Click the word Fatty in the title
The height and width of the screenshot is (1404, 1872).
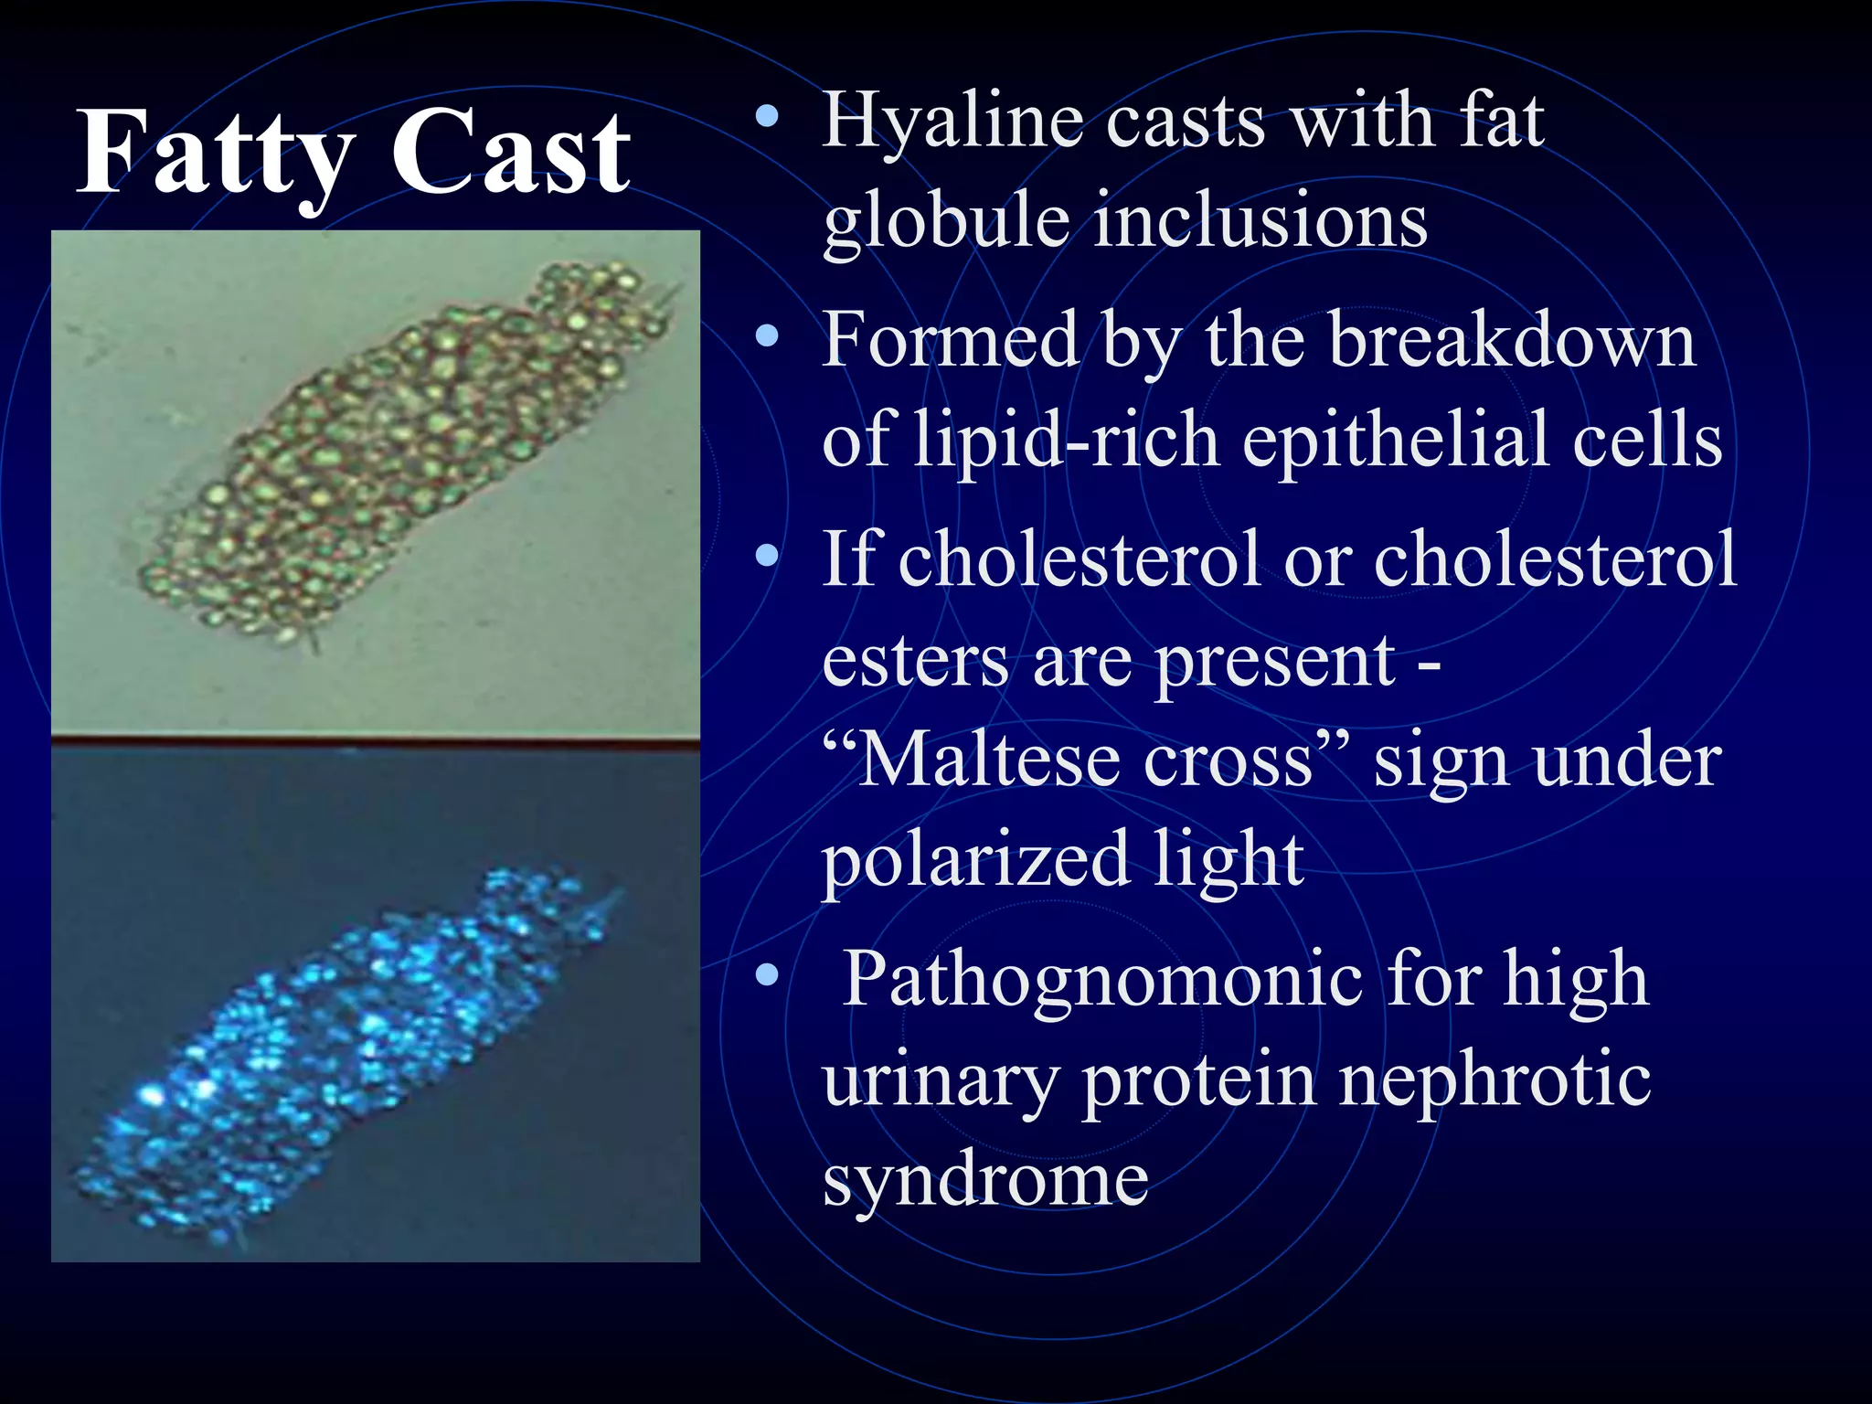tap(216, 152)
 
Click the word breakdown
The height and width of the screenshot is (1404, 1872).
tap(1512, 340)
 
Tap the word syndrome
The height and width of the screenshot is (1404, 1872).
tap(985, 1181)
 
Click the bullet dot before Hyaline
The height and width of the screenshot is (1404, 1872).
tap(768, 117)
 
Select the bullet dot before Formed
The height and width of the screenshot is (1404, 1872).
tap(768, 337)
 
